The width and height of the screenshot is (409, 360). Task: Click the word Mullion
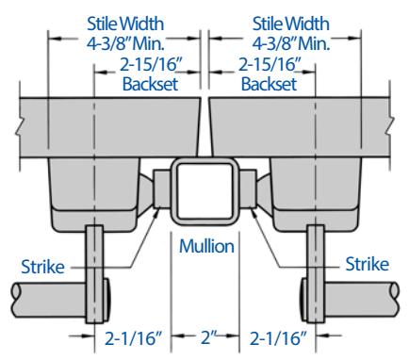(x=206, y=246)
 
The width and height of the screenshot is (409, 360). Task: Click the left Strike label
(x=42, y=267)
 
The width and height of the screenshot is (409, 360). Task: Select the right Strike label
(x=368, y=264)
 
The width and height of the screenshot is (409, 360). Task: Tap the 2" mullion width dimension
(x=206, y=337)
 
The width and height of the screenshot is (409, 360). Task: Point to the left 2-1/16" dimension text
(x=133, y=338)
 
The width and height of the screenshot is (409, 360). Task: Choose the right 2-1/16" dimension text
(x=278, y=338)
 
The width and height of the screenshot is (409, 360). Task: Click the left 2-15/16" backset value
(x=151, y=65)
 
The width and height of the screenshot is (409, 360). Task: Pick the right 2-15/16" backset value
(x=270, y=65)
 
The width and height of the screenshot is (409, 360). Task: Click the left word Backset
(x=150, y=84)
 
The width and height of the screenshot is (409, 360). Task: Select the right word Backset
(x=269, y=84)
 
